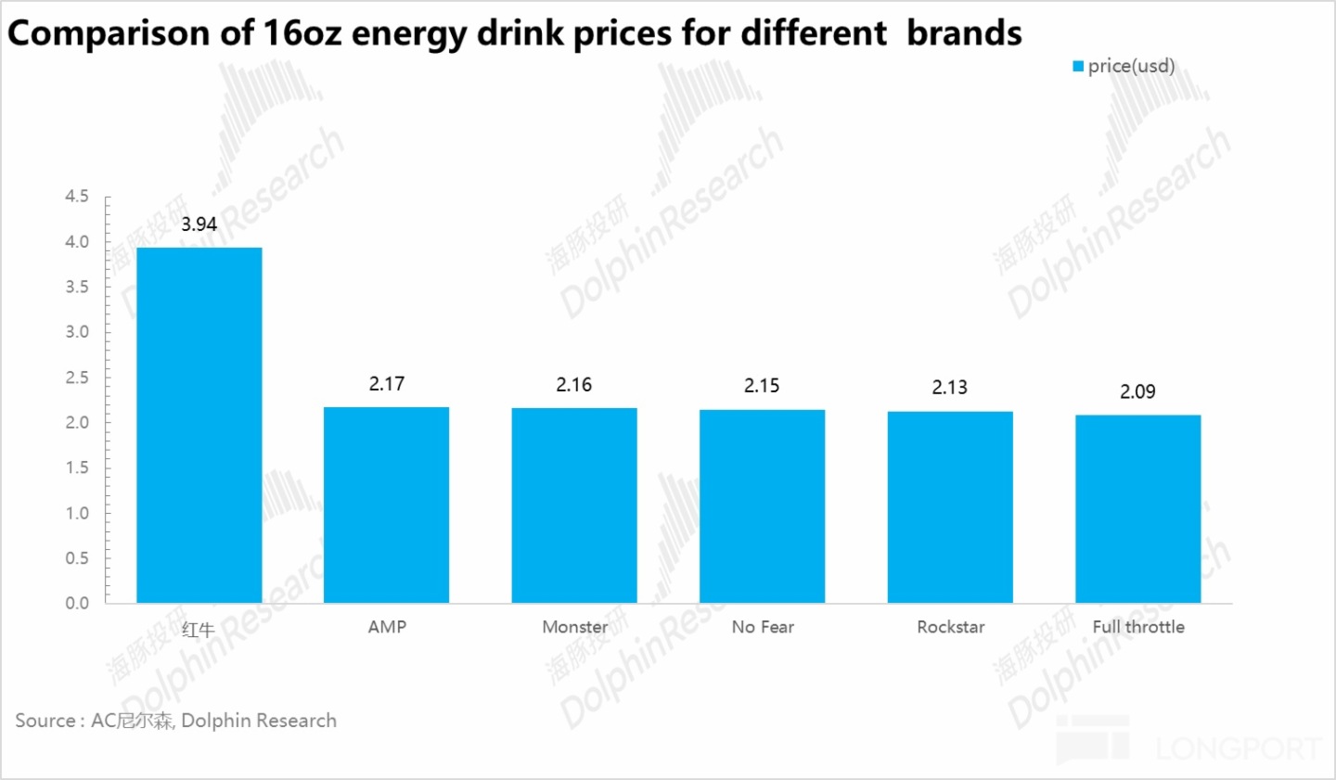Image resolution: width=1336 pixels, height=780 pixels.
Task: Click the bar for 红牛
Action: coord(199,425)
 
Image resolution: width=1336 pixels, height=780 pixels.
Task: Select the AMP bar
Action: coord(386,505)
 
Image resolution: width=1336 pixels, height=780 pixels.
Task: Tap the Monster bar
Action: coord(574,505)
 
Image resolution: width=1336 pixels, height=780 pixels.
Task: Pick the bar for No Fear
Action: coord(762,505)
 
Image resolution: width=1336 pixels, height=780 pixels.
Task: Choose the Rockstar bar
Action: coord(950,506)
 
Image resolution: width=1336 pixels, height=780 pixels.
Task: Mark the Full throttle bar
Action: coord(1137,508)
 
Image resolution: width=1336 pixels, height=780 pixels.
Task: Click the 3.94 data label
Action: coord(199,224)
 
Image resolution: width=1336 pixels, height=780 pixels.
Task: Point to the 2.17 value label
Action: coord(387,384)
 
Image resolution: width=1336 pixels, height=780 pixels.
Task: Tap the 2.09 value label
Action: coord(1137,391)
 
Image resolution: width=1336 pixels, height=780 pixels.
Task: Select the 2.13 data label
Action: coord(949,388)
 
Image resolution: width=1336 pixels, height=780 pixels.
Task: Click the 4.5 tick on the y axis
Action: coord(77,197)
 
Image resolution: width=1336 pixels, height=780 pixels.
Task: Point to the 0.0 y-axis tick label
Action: coord(77,603)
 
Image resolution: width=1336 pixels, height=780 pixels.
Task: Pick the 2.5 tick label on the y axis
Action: coord(77,377)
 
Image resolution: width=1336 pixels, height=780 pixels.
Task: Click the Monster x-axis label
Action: coord(574,627)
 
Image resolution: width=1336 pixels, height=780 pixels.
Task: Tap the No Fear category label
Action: coord(763,627)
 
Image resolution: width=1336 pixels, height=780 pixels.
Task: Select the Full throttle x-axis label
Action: coord(1138,627)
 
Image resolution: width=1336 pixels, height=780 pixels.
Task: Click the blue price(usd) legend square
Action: coord(1078,66)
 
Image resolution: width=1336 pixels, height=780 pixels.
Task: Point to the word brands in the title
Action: coord(964,33)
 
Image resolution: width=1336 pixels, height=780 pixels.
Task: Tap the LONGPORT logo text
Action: coord(1238,748)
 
